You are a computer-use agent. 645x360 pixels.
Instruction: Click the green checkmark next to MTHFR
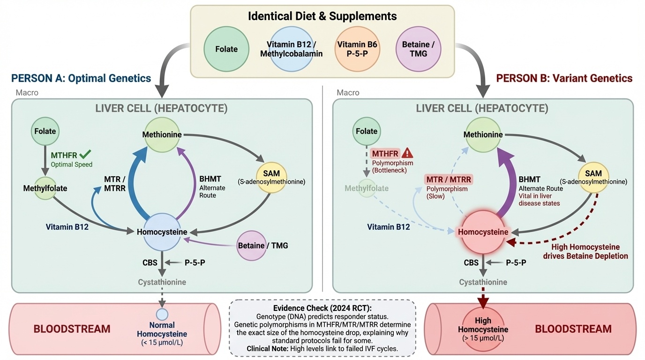[85, 154]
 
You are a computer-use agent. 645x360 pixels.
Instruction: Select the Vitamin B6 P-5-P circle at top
[358, 49]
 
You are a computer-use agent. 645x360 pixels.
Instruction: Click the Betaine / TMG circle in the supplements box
[418, 49]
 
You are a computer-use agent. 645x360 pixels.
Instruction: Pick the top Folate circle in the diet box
[226, 49]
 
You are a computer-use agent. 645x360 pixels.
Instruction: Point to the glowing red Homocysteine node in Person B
[483, 232]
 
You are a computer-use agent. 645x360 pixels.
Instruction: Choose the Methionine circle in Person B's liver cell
[483, 135]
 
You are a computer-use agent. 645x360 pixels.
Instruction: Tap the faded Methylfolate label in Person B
[367, 188]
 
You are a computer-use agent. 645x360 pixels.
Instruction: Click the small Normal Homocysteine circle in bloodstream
[162, 314]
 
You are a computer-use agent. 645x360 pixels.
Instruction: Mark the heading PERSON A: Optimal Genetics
[81, 78]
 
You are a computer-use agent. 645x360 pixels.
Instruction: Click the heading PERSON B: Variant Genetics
[564, 78]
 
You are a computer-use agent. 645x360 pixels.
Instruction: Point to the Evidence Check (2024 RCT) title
[322, 308]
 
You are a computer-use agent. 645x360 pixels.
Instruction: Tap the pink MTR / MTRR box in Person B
[449, 179]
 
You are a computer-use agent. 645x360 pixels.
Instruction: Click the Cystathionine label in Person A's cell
[162, 282]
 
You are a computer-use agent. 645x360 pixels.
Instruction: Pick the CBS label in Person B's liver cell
[471, 262]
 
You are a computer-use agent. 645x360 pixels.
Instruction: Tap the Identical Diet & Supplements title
[322, 16]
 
